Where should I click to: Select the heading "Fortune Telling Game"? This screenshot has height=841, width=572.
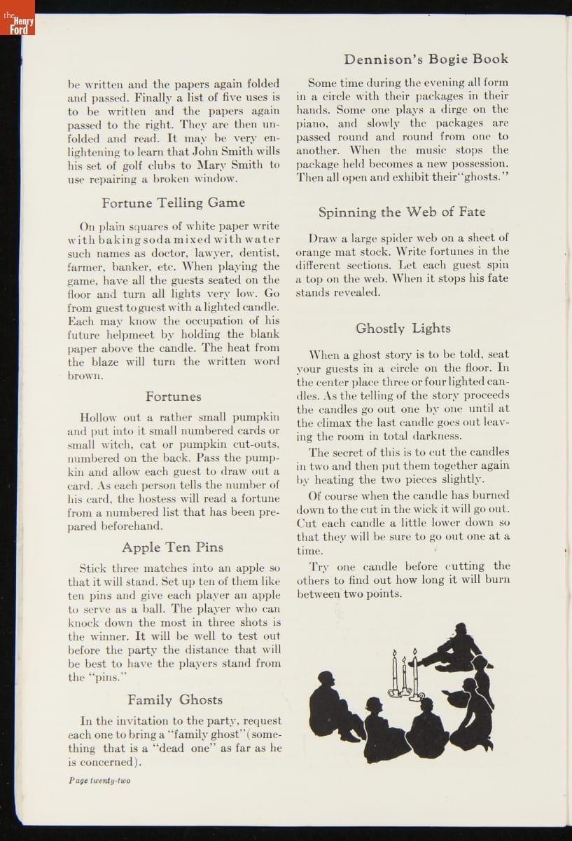[x=173, y=203]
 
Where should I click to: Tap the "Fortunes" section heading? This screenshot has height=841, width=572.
[x=173, y=397]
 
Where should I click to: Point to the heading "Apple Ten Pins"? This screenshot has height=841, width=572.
[x=171, y=547]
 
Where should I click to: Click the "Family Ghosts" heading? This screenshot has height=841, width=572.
[x=174, y=699]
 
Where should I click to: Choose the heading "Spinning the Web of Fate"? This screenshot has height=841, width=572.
[x=401, y=212]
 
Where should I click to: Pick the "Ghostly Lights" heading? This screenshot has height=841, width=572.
[x=403, y=328]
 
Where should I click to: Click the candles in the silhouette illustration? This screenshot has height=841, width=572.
[x=405, y=675]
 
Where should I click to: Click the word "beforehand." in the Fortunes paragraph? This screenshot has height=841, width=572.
[x=134, y=526]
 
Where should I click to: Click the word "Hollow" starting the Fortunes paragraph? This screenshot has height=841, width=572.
[x=99, y=416]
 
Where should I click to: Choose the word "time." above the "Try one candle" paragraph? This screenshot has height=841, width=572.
[x=309, y=552]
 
